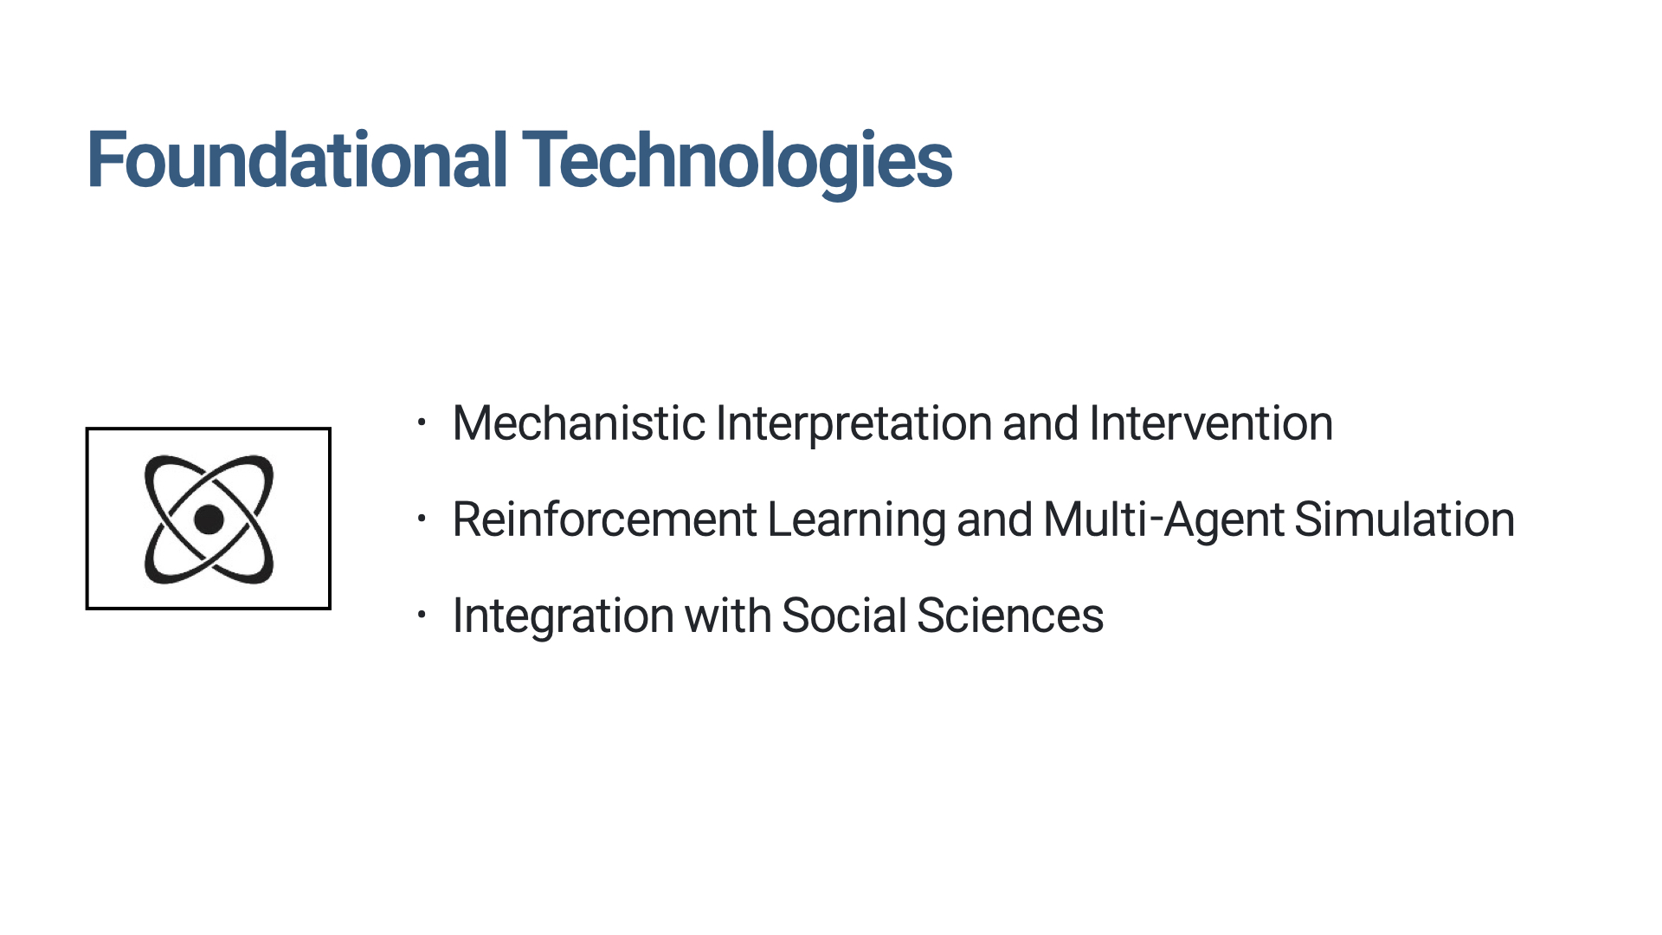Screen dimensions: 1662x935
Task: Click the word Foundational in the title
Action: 297,159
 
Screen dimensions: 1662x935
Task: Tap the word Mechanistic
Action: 578,423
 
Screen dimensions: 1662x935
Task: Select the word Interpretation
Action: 854,425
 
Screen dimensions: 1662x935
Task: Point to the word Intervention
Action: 1211,423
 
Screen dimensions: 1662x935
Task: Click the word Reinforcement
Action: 605,519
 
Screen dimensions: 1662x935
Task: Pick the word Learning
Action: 856,521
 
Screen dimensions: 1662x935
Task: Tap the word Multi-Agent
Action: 1163,521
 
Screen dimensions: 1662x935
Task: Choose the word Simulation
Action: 1404,519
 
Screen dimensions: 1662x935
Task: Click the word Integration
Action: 563,617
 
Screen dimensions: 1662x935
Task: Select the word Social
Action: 844,616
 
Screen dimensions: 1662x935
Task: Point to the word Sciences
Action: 1010,616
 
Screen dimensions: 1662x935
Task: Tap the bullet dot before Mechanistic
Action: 422,423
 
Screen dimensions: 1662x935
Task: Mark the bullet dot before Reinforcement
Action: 422,519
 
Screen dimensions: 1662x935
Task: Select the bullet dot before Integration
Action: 422,616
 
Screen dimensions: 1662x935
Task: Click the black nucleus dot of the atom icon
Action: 209,519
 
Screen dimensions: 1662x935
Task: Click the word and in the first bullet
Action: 1040,423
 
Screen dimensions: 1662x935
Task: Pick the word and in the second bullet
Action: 995,519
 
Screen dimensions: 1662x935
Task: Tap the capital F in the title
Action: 106,159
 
